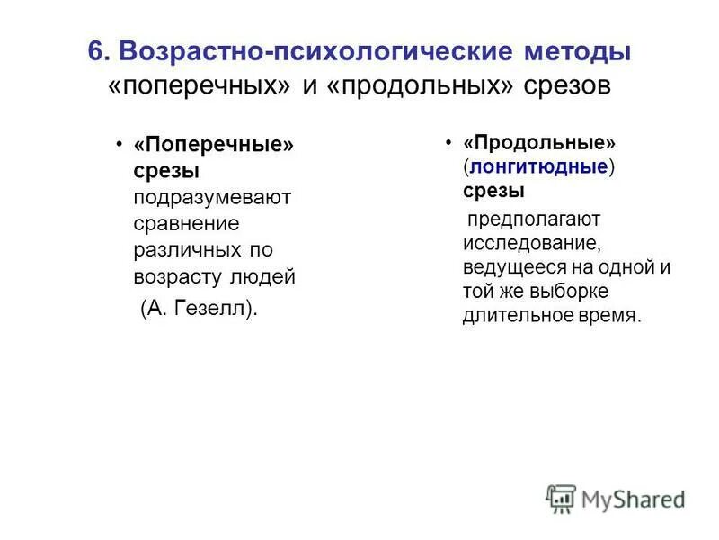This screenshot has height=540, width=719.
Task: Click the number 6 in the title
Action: click(95, 51)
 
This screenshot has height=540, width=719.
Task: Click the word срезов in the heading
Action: click(567, 88)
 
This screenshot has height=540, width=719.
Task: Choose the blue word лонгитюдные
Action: click(537, 167)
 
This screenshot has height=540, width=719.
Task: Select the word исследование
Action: click(530, 243)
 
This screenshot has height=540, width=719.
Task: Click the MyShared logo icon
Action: click(561, 499)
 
